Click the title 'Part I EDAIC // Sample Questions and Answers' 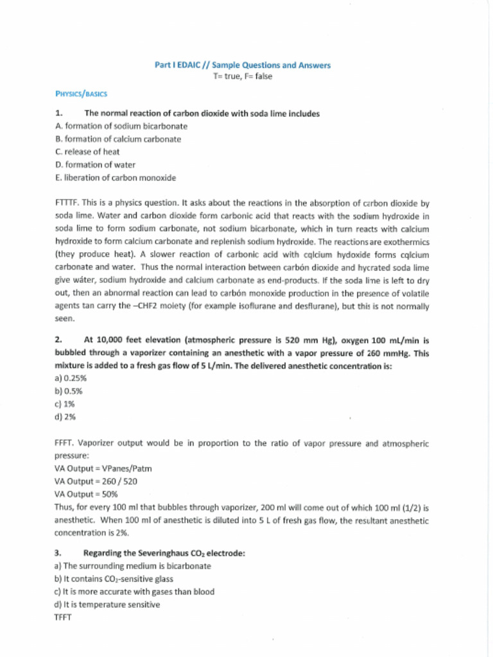pos(243,65)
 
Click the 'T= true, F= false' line pos(243,76)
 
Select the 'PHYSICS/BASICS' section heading pos(81,94)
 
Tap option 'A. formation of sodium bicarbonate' pos(121,126)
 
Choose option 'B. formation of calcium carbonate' pos(118,139)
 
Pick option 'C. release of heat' pos(87,152)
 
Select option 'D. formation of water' pos(96,165)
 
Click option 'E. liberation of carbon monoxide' pos(116,178)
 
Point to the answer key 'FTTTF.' pos(68,203)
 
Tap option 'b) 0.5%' pos(68,391)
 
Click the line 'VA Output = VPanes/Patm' pos(103,468)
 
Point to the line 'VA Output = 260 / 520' pos(96,481)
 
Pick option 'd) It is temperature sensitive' pos(107,604)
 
